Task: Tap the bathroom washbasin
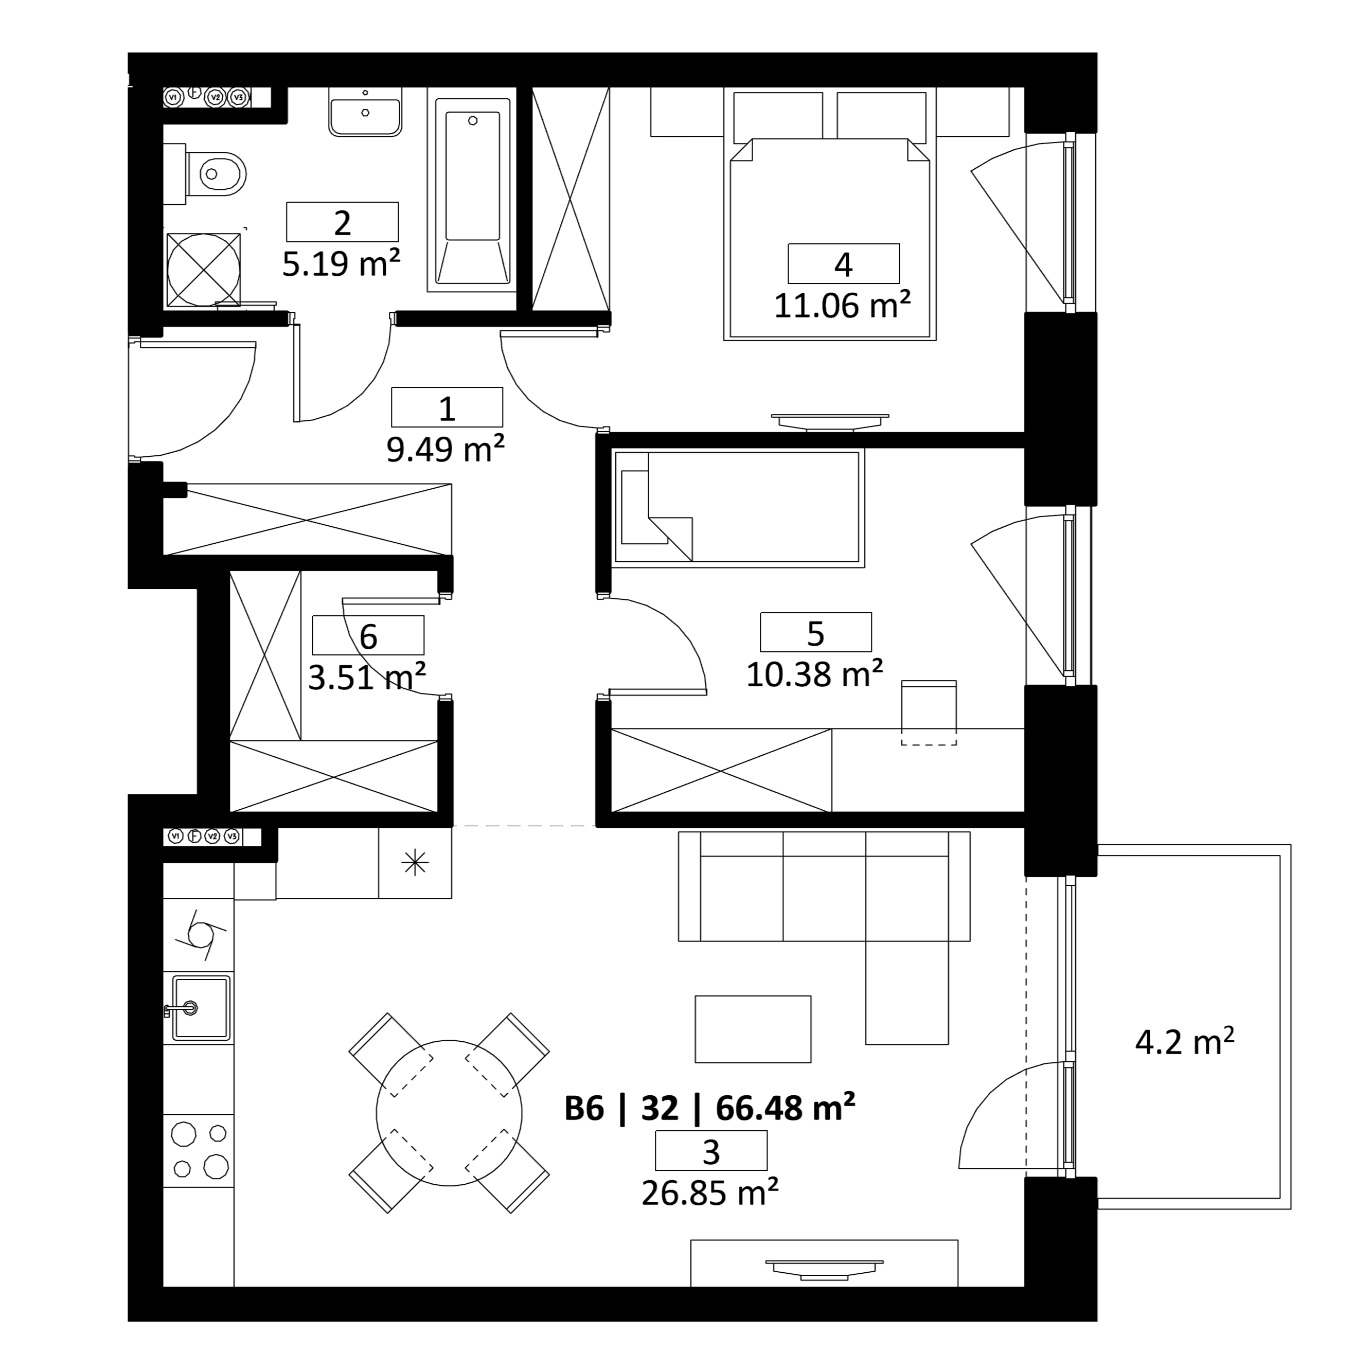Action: click(365, 111)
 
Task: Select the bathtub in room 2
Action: click(472, 194)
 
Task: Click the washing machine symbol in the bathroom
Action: click(203, 270)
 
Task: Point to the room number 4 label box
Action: click(843, 264)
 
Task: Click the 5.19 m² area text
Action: click(341, 263)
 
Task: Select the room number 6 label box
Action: click(368, 635)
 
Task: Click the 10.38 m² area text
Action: click(814, 674)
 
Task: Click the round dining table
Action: click(449, 1113)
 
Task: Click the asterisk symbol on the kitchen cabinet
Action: click(415, 863)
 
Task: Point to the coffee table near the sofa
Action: click(753, 1029)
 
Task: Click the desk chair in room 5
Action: click(929, 712)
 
